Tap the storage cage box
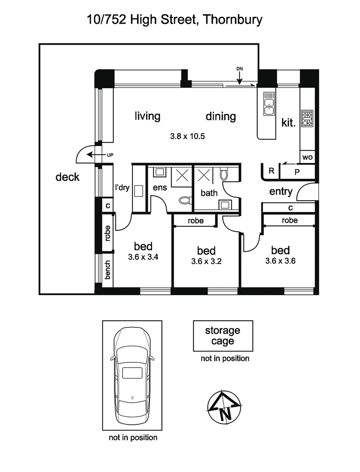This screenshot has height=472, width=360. coord(223,336)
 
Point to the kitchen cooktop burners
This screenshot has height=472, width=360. coord(308,118)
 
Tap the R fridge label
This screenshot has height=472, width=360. coord(271,171)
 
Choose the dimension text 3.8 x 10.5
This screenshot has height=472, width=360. coord(188,136)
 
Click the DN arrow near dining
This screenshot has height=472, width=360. coord(240,78)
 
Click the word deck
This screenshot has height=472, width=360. coord(67,177)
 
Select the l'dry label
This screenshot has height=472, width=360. coord(122,188)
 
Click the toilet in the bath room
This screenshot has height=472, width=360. coord(224,175)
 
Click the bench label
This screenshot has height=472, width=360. coord(108,270)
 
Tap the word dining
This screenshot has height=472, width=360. coord(220,116)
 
